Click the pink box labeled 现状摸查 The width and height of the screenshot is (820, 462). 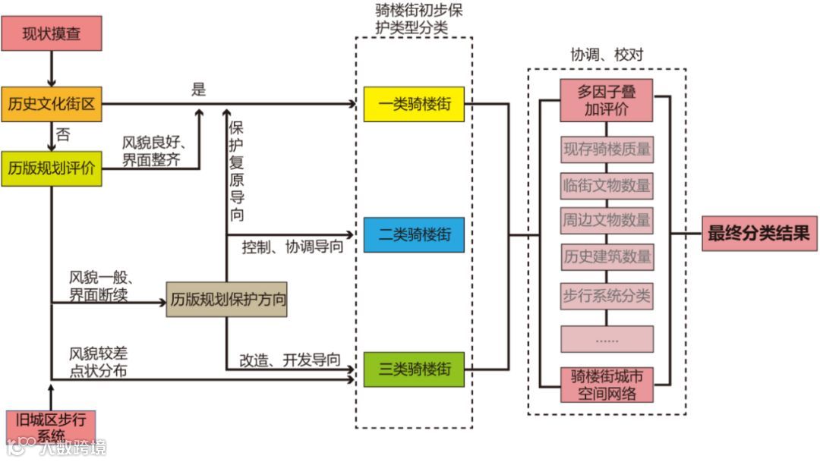coord(52,33)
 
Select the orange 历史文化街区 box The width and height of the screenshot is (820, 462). coord(52,104)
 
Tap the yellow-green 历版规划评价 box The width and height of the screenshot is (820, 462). coord(52,168)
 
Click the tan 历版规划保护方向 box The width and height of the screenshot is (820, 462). coord(228,299)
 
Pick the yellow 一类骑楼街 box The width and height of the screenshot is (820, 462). coord(414,104)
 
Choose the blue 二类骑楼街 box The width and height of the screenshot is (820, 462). coord(414,234)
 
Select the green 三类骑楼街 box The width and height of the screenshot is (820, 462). coord(414,369)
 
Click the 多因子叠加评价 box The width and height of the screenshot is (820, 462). coord(606,100)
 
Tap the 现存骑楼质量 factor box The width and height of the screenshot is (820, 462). coord(607,149)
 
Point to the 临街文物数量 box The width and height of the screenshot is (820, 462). coord(607,185)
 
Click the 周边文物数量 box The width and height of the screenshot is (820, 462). coord(607,220)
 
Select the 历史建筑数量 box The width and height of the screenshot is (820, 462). coord(607,256)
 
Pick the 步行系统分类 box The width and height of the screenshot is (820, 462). coord(607,295)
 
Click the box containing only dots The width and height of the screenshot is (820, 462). coord(607,339)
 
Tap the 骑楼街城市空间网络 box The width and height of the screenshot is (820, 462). coord(606,385)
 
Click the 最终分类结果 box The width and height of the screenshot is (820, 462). coord(758,234)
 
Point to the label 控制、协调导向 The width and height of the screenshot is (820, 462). coord(292,247)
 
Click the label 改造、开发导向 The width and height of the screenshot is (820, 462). coord(290,360)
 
